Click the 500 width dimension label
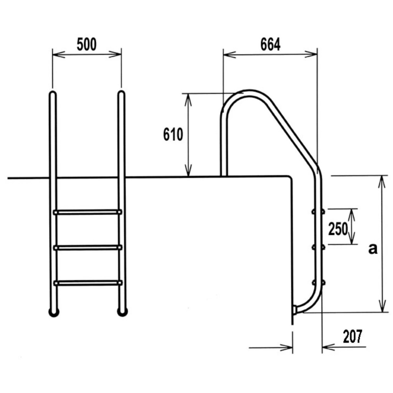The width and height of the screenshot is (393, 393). tap(86, 45)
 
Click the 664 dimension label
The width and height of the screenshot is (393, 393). tap(271, 45)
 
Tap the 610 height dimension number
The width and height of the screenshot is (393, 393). tap(173, 134)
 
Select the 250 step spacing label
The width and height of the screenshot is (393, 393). tap(338, 229)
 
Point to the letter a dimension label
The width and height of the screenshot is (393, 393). tap(373, 249)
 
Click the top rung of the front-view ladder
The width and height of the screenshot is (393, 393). tap(88, 212)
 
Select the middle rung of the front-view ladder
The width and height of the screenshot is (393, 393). tap(88, 248)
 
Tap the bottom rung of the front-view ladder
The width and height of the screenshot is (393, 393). tap(88, 283)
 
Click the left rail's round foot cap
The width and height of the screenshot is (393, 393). tap(54, 312)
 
